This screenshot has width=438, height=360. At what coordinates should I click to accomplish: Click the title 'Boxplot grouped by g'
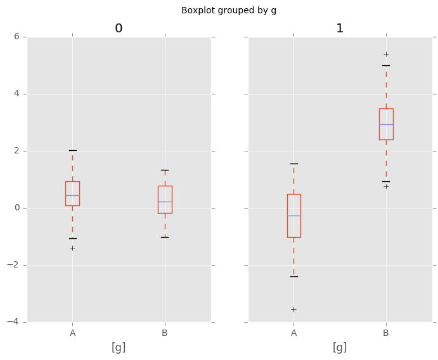pyautogui.click(x=229, y=10)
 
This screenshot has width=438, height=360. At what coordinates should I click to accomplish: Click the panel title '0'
pyautogui.click(x=119, y=29)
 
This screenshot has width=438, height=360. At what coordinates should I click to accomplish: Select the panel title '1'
pyautogui.click(x=340, y=29)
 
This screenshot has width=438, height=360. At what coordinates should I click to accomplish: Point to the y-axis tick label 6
pyautogui.click(x=19, y=37)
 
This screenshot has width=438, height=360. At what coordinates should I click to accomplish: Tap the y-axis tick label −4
pyautogui.click(x=16, y=322)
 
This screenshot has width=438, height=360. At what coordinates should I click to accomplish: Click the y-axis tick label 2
pyautogui.click(x=19, y=151)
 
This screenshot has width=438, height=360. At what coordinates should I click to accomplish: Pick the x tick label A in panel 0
pyautogui.click(x=73, y=333)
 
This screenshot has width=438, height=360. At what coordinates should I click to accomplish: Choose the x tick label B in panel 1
pyautogui.click(x=386, y=333)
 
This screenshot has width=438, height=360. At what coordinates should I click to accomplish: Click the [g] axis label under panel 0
pyautogui.click(x=119, y=347)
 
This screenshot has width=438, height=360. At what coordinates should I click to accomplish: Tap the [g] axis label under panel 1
pyautogui.click(x=340, y=347)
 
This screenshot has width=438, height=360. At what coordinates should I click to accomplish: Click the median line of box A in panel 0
pyautogui.click(x=72, y=195)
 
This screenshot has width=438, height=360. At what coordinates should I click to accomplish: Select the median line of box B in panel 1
pyautogui.click(x=386, y=124)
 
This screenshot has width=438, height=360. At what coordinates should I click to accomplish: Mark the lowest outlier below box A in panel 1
pyautogui.click(x=293, y=309)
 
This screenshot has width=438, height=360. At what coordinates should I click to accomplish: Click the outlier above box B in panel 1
pyautogui.click(x=386, y=54)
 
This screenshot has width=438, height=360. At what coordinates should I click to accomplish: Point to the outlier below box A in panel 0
pyautogui.click(x=72, y=248)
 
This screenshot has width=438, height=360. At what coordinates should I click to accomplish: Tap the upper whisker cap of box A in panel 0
pyautogui.click(x=72, y=150)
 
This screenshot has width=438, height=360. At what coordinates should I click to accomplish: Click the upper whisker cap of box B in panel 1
pyautogui.click(x=386, y=65)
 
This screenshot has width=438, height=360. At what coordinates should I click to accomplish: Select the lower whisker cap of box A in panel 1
pyautogui.click(x=293, y=276)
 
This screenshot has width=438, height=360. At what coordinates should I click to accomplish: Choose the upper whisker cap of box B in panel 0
pyautogui.click(x=165, y=170)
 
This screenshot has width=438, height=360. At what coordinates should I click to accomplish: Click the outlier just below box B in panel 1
pyautogui.click(x=386, y=186)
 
